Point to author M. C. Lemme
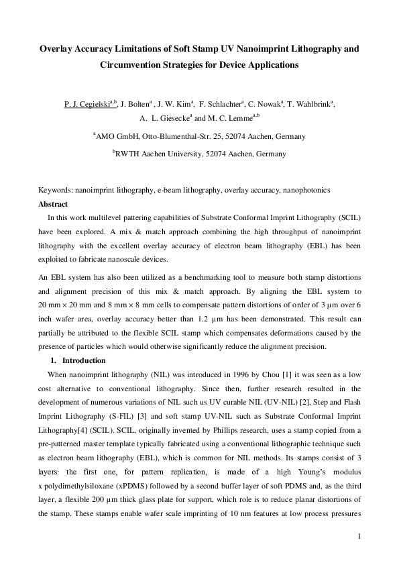tap(233, 119)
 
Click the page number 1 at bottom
tap(359, 535)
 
